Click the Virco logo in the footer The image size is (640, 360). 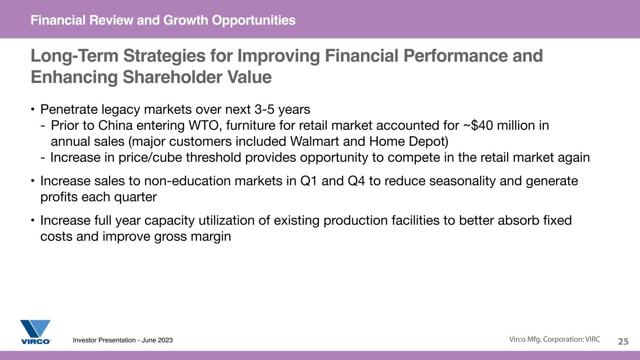tap(36, 332)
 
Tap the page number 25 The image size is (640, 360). tap(623, 341)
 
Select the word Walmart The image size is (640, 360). tap(314, 142)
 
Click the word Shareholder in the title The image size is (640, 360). tap(172, 77)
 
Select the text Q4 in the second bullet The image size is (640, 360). tap(356, 181)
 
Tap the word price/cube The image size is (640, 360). tap(151, 157)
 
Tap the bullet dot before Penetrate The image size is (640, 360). tap(33, 109)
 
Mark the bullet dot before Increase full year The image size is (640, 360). tap(33, 220)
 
